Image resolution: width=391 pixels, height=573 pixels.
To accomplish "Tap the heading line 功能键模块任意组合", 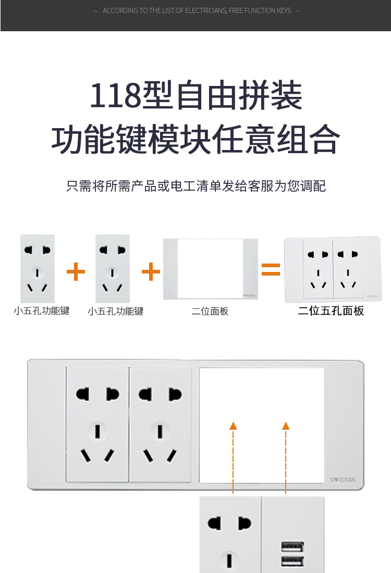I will click(x=195, y=140).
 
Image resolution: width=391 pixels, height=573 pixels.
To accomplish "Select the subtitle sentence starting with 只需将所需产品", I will click(x=195, y=186).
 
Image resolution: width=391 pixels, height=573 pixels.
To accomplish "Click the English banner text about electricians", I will click(x=197, y=10).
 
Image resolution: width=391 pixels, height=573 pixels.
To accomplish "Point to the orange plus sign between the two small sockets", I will click(x=76, y=271).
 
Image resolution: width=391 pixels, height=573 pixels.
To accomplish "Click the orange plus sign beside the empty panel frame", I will click(x=151, y=271).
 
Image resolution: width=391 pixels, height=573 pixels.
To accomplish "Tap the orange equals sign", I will click(x=271, y=269).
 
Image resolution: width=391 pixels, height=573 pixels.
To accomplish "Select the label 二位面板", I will click(x=210, y=312).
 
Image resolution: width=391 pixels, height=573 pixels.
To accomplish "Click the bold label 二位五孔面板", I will click(x=331, y=311).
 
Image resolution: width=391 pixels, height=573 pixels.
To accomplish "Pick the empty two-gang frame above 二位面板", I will click(x=210, y=269).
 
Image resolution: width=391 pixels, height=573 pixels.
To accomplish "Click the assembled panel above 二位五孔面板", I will click(x=332, y=269).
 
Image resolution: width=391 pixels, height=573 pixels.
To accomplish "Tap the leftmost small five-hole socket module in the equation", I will click(x=38, y=268).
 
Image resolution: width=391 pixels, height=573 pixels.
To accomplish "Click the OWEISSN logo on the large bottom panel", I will click(x=343, y=480).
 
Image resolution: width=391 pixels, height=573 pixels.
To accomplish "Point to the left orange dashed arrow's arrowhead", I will click(x=233, y=426).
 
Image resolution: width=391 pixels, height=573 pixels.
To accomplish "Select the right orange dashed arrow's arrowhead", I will click(x=286, y=426).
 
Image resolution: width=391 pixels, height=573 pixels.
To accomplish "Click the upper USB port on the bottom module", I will click(x=292, y=546).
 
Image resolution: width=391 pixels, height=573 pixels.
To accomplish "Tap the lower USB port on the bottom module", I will click(x=292, y=561).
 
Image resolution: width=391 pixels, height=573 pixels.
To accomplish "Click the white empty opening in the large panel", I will click(x=262, y=425).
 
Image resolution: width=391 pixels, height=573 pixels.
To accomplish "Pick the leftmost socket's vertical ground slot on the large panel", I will click(x=97, y=431).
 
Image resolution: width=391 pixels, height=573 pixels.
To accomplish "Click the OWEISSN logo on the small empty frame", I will click(x=248, y=295).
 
